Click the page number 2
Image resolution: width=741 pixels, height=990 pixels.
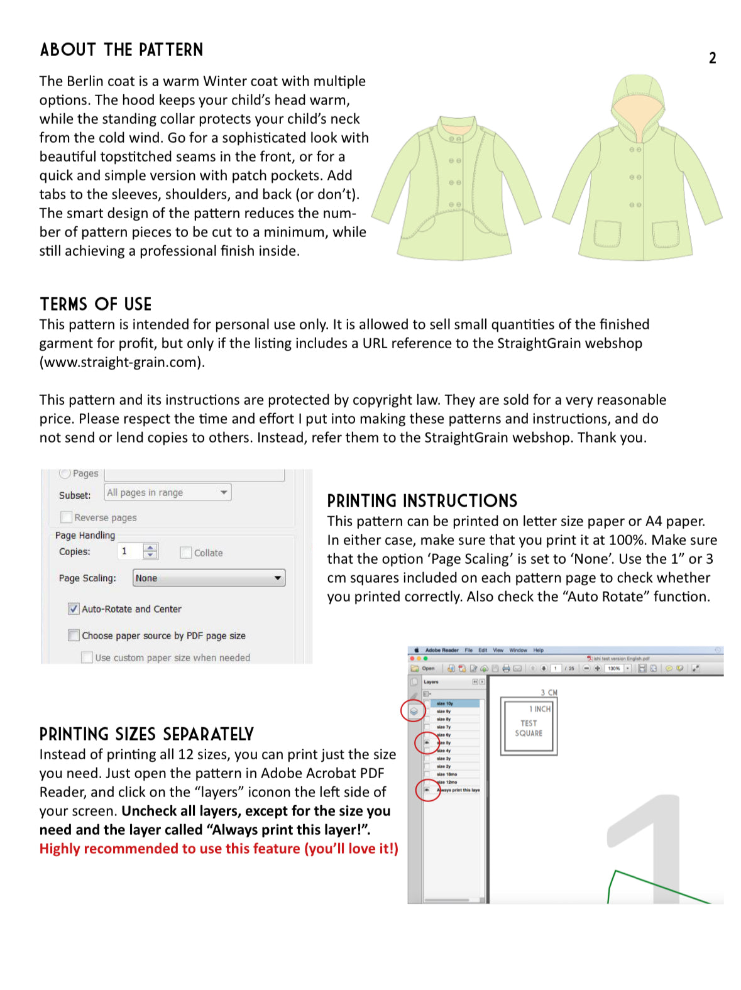[712, 58]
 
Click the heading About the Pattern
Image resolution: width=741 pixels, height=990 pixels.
[121, 50]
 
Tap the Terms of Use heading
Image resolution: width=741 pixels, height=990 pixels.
[96, 304]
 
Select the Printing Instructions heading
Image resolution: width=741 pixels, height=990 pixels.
[422, 501]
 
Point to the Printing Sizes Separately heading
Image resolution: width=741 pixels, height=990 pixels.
[146, 734]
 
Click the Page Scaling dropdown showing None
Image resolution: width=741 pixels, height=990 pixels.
[209, 578]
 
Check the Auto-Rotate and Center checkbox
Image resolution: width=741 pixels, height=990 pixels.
[74, 608]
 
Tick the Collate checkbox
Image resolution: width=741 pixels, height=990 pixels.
[185, 553]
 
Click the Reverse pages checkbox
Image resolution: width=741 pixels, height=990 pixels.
[66, 517]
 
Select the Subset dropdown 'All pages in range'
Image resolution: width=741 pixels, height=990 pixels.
[167, 492]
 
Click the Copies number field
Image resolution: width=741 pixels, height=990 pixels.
[130, 551]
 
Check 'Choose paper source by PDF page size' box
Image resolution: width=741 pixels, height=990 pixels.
[74, 635]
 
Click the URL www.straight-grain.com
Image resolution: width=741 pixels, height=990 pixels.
[121, 362]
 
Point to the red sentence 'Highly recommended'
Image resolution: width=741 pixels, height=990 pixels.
[219, 849]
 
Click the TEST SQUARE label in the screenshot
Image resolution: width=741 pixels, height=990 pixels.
[529, 729]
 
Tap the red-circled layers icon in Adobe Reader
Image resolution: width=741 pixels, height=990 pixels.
[414, 711]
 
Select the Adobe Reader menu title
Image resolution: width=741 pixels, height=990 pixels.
[442, 650]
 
